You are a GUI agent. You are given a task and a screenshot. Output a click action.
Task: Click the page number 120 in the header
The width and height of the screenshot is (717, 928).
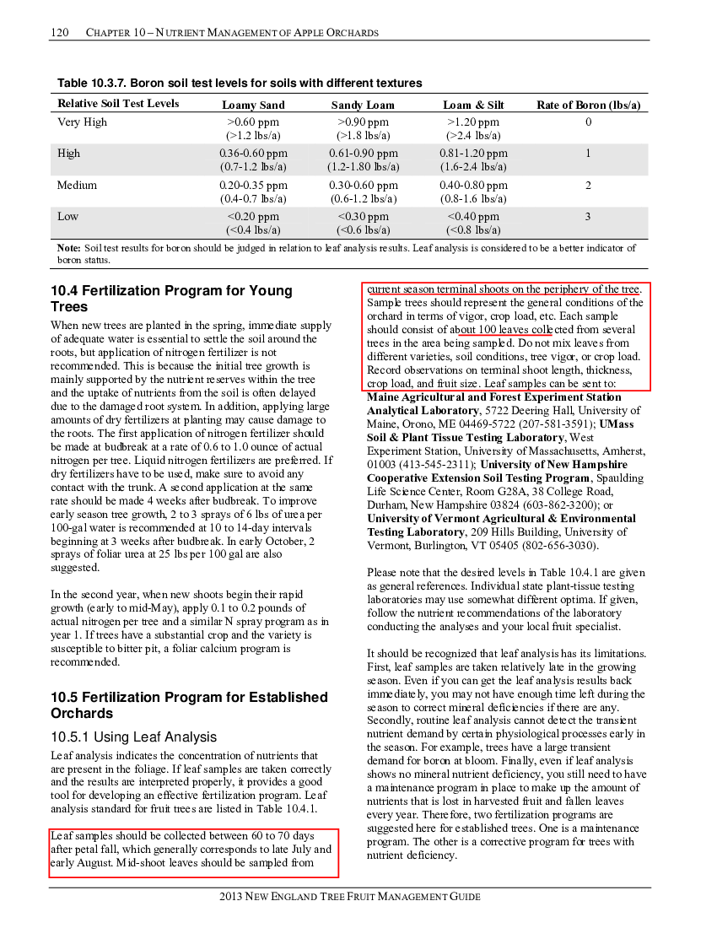click(x=60, y=33)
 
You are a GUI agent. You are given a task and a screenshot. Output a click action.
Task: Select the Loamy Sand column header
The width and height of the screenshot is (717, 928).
click(x=253, y=105)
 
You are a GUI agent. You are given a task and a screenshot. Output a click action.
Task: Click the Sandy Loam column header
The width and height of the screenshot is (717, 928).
click(x=363, y=105)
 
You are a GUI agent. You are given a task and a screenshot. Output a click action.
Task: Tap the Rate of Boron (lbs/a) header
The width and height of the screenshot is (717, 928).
click(x=589, y=105)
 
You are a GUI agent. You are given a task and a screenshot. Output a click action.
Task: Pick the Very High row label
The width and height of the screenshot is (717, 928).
click(x=82, y=122)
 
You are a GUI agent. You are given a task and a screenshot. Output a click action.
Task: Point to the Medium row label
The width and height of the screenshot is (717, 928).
click(x=77, y=186)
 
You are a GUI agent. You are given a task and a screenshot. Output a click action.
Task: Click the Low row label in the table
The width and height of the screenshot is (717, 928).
click(x=67, y=217)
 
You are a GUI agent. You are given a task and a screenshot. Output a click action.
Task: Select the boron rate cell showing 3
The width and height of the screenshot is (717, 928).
click(x=588, y=217)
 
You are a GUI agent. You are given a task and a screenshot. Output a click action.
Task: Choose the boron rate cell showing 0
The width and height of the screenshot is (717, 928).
click(x=589, y=122)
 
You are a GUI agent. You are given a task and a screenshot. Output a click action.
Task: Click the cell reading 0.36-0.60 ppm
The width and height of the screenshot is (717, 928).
click(x=253, y=154)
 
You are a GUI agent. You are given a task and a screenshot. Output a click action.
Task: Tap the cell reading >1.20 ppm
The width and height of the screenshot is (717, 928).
click(x=473, y=122)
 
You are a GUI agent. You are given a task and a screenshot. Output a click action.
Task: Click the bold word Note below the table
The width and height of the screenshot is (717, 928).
click(x=69, y=248)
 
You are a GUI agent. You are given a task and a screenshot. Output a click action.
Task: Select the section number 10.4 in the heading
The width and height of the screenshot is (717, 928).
click(x=64, y=290)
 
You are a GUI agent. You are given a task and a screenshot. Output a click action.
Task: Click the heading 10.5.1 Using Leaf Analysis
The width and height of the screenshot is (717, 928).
click(x=133, y=736)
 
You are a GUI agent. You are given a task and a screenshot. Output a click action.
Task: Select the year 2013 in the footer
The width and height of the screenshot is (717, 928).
click(x=231, y=897)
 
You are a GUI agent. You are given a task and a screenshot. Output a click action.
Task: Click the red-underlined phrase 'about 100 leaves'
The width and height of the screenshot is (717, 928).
click(x=482, y=330)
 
